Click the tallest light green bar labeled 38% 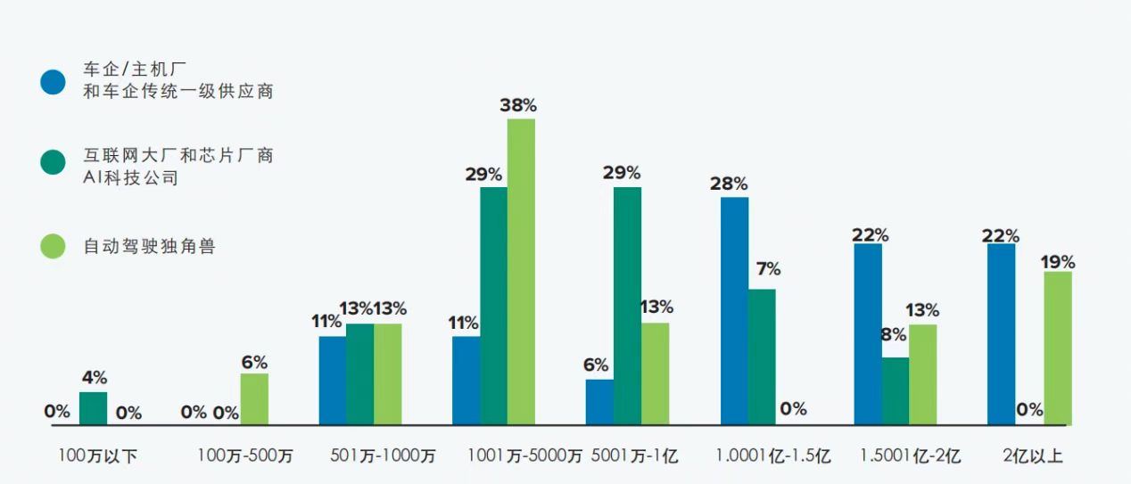(x=521, y=271)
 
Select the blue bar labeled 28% (x=735, y=310)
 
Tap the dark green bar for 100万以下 (x=93, y=408)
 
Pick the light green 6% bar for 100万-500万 (x=254, y=398)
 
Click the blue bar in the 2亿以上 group (x=1002, y=334)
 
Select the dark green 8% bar (x=896, y=390)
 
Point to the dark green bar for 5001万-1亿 (x=627, y=306)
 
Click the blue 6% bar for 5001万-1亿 (x=599, y=402)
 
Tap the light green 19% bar (x=1057, y=348)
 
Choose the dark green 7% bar (x=762, y=357)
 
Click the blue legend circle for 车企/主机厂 (x=54, y=81)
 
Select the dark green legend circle (x=54, y=161)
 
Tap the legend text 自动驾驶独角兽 (x=149, y=246)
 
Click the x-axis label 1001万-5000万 (x=524, y=456)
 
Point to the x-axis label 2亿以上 (x=1032, y=456)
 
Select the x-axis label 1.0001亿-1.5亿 (x=773, y=456)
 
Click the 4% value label (x=93, y=378)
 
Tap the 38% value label (x=518, y=105)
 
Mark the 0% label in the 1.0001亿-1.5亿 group (x=793, y=409)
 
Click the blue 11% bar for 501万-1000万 (x=333, y=380)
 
